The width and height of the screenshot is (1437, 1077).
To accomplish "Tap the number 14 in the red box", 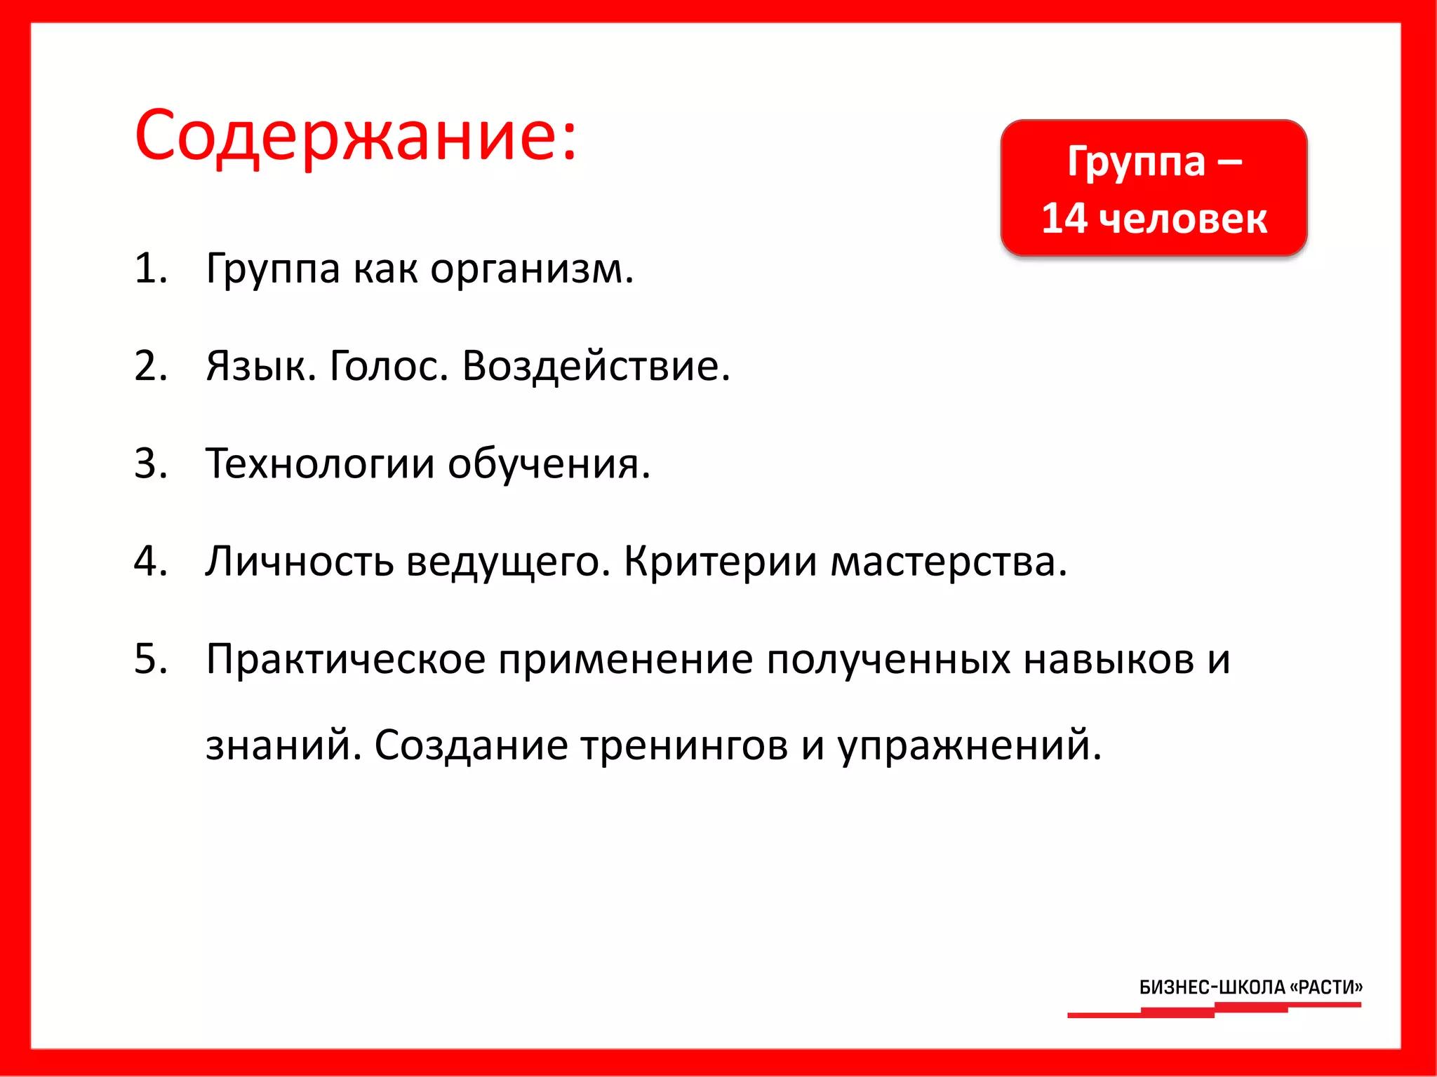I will click(1064, 218).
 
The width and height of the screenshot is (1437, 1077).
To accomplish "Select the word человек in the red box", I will click(1182, 218).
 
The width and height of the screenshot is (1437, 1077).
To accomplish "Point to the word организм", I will click(531, 269).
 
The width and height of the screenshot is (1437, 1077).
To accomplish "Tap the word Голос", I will click(389, 365).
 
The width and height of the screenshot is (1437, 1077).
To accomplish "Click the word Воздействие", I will click(596, 365).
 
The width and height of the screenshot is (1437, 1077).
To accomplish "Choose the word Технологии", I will click(320, 463).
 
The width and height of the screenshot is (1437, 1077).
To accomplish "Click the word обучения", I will click(549, 463).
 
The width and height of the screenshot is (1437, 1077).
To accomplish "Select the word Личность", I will click(299, 561).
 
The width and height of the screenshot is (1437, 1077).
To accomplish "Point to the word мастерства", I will click(948, 561).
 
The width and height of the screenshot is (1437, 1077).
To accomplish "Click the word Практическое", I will click(345, 661).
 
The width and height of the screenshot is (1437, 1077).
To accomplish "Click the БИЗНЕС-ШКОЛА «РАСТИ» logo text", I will click(1250, 987).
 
